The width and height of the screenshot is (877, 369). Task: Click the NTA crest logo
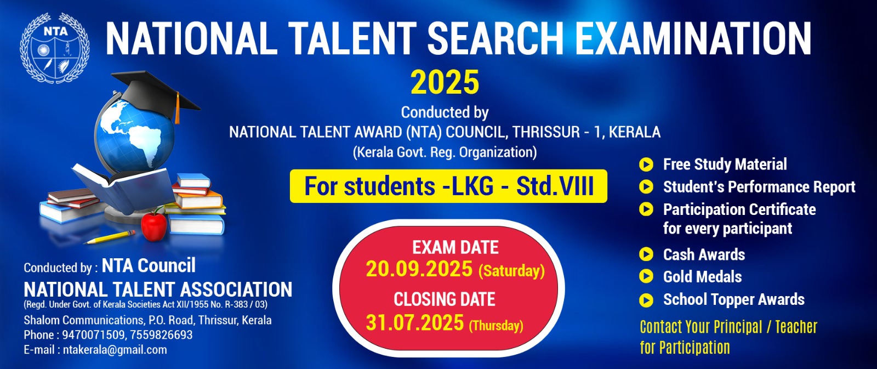[55, 48]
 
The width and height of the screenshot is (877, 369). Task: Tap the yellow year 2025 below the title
[445, 83]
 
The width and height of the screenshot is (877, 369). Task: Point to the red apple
[154, 226]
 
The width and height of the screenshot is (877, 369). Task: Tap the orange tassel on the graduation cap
[178, 109]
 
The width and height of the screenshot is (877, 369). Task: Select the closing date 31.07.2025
[414, 323]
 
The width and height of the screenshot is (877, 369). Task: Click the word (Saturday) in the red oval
[511, 271]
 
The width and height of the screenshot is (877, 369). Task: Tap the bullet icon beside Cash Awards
[646, 254]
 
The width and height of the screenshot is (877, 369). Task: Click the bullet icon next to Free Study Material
[646, 164]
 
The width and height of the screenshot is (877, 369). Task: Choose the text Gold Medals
[702, 277]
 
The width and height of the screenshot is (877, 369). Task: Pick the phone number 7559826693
[161, 335]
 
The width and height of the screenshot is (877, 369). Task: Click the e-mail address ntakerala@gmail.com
[115, 350]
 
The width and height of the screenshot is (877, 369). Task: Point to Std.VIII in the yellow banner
[555, 186]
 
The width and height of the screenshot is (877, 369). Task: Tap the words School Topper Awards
[734, 300]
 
